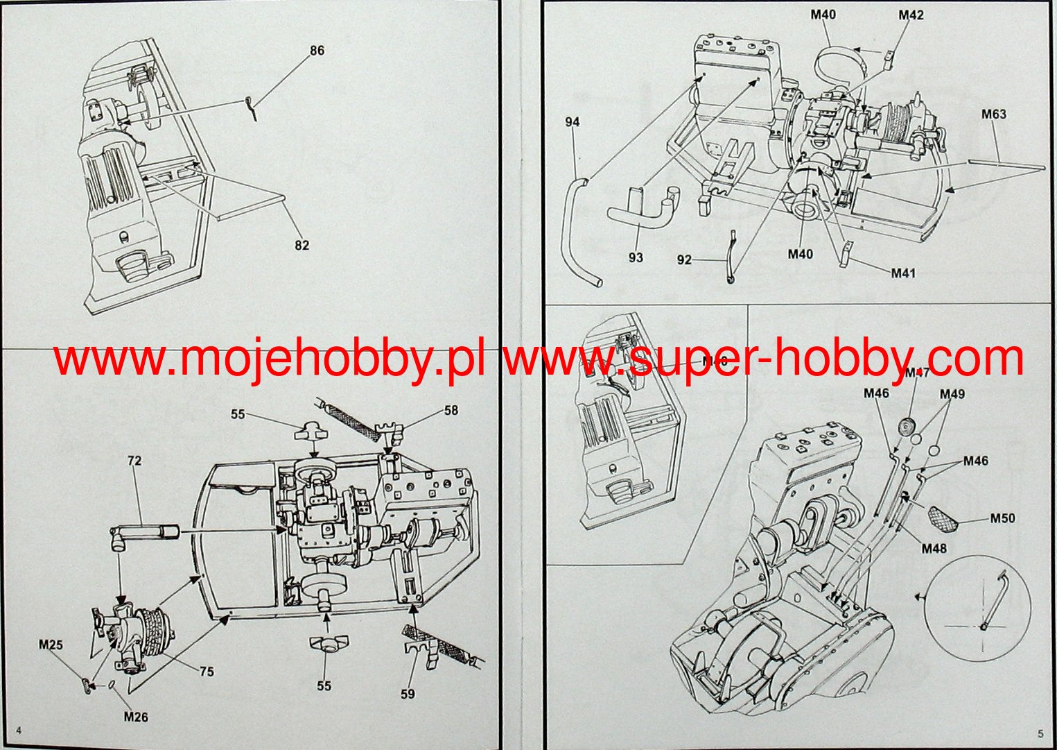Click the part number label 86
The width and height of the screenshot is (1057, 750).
pyautogui.click(x=317, y=51)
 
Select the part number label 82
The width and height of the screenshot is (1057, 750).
pyautogui.click(x=302, y=245)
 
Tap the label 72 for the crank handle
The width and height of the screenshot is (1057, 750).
pyautogui.click(x=134, y=460)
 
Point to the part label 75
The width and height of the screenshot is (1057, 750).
pyautogui.click(x=206, y=672)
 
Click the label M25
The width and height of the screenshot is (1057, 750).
pyautogui.click(x=51, y=645)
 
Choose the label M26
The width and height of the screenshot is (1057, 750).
pyautogui.click(x=136, y=717)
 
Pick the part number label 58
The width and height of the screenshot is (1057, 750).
pyautogui.click(x=451, y=410)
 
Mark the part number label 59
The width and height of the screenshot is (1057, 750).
pyautogui.click(x=408, y=693)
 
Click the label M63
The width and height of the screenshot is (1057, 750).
pyautogui.click(x=993, y=114)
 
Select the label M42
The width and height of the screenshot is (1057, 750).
pyautogui.click(x=911, y=15)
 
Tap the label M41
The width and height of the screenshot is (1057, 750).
pyautogui.click(x=903, y=273)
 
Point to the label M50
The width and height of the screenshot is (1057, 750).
pyautogui.click(x=1002, y=518)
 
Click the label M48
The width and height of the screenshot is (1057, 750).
pyautogui.click(x=934, y=549)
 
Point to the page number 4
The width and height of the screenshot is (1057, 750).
pyautogui.click(x=19, y=730)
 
